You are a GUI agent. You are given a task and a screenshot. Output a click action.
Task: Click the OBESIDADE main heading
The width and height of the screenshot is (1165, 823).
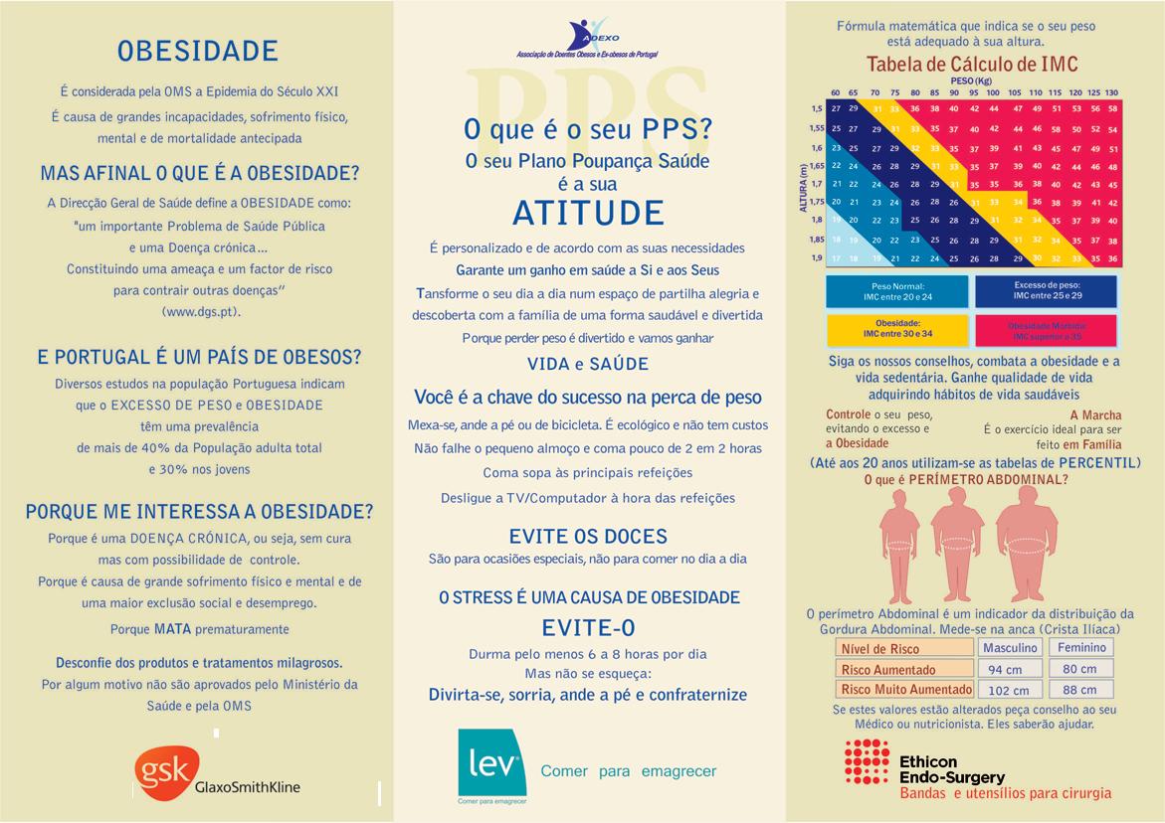click(198, 51)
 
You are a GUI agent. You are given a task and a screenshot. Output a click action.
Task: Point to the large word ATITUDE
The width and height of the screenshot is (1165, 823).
click(588, 213)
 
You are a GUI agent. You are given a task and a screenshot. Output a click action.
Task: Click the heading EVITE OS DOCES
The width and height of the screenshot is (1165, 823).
click(588, 537)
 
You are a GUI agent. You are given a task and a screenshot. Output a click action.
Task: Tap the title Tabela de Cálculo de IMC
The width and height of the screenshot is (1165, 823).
click(972, 66)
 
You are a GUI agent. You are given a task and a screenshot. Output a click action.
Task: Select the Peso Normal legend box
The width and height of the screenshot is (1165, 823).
click(896, 291)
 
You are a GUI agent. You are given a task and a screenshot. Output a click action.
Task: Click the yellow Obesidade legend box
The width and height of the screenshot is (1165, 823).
click(896, 329)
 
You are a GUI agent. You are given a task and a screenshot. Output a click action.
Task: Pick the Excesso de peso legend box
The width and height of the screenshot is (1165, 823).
click(1046, 291)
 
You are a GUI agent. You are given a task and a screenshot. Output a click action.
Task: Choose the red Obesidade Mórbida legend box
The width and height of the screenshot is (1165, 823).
click(1046, 330)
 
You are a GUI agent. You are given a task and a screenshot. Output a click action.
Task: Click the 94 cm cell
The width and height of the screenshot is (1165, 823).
click(1006, 670)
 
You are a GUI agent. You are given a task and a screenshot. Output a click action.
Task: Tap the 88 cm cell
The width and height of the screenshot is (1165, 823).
click(1080, 690)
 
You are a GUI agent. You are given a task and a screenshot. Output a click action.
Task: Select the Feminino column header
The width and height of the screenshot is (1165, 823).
click(1080, 648)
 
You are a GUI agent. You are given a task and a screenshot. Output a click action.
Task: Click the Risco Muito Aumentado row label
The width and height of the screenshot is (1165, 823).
click(905, 690)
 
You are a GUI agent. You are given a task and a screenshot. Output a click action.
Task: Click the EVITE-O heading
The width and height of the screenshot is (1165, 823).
click(588, 627)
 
